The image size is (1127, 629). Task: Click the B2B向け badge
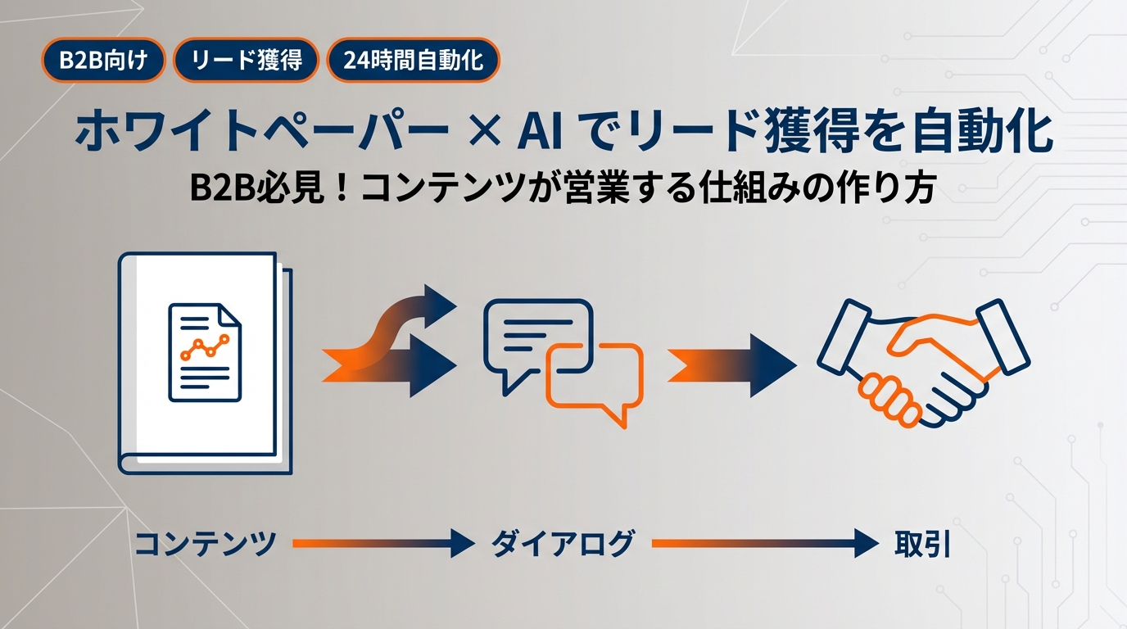tap(103, 61)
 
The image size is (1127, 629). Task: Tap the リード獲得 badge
tap(246, 61)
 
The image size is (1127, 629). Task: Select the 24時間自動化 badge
tap(413, 61)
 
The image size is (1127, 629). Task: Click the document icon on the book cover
tap(205, 351)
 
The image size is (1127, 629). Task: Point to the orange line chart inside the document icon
tap(205, 349)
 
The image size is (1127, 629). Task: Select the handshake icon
tap(924, 360)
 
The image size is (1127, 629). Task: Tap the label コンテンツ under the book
tap(204, 543)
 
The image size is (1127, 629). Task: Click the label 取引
tap(921, 543)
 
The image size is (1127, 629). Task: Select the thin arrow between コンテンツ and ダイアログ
tap(382, 542)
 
